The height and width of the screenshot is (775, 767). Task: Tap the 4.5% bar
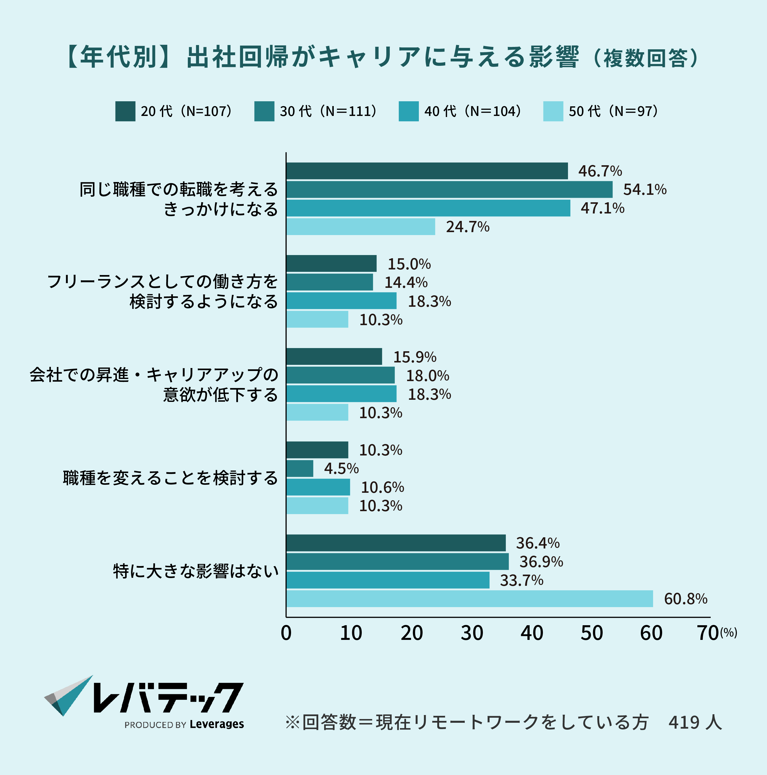[x=300, y=469]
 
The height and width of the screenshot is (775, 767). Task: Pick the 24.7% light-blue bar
[x=361, y=227]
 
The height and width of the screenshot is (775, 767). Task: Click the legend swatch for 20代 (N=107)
[x=125, y=111]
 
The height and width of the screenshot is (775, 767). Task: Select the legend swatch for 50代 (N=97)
[x=553, y=111]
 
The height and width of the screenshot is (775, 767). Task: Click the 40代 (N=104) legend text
[x=472, y=111]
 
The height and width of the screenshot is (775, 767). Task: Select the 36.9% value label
[x=541, y=562]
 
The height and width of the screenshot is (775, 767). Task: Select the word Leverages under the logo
[x=217, y=724]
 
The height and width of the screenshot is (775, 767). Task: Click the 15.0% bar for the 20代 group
[x=331, y=264]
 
